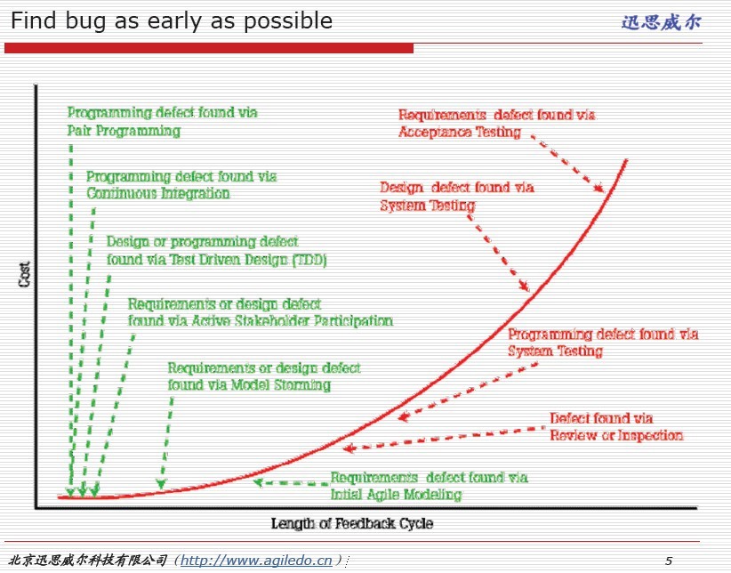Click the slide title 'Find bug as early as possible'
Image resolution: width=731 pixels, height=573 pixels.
coord(171,21)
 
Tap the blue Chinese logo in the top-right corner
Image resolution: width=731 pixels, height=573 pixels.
coord(661,22)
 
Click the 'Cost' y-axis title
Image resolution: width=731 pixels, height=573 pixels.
coord(25,274)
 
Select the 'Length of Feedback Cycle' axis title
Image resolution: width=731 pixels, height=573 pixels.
coord(352,523)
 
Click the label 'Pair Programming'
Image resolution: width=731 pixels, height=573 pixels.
coord(124,131)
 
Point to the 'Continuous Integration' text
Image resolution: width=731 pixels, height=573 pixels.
coord(158,193)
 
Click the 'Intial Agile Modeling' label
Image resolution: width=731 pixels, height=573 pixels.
coord(397,495)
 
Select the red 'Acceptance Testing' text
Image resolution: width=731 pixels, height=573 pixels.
coord(459,132)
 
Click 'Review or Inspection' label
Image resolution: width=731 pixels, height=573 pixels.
coord(616,435)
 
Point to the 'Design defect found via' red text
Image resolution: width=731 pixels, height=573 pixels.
coord(457,188)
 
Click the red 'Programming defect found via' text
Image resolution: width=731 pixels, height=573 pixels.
coord(603,334)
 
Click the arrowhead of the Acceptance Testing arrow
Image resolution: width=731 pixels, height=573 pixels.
coord(600,188)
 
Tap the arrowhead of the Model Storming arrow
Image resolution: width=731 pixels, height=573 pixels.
coord(161,484)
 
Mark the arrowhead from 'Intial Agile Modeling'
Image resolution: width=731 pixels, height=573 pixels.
coord(257,482)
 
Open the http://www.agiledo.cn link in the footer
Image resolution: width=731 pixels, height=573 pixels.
coord(256,561)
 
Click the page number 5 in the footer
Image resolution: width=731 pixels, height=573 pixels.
coord(669,561)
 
